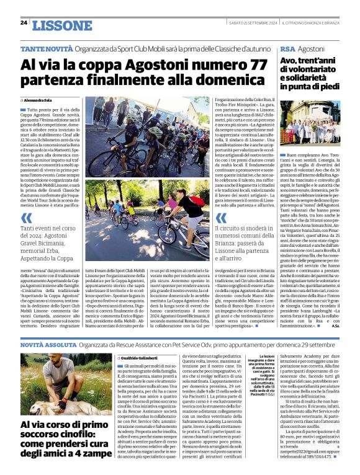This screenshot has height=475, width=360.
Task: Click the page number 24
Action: click(x=24, y=23)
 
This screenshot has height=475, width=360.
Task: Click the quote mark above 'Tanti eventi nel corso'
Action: click(x=26, y=218)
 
